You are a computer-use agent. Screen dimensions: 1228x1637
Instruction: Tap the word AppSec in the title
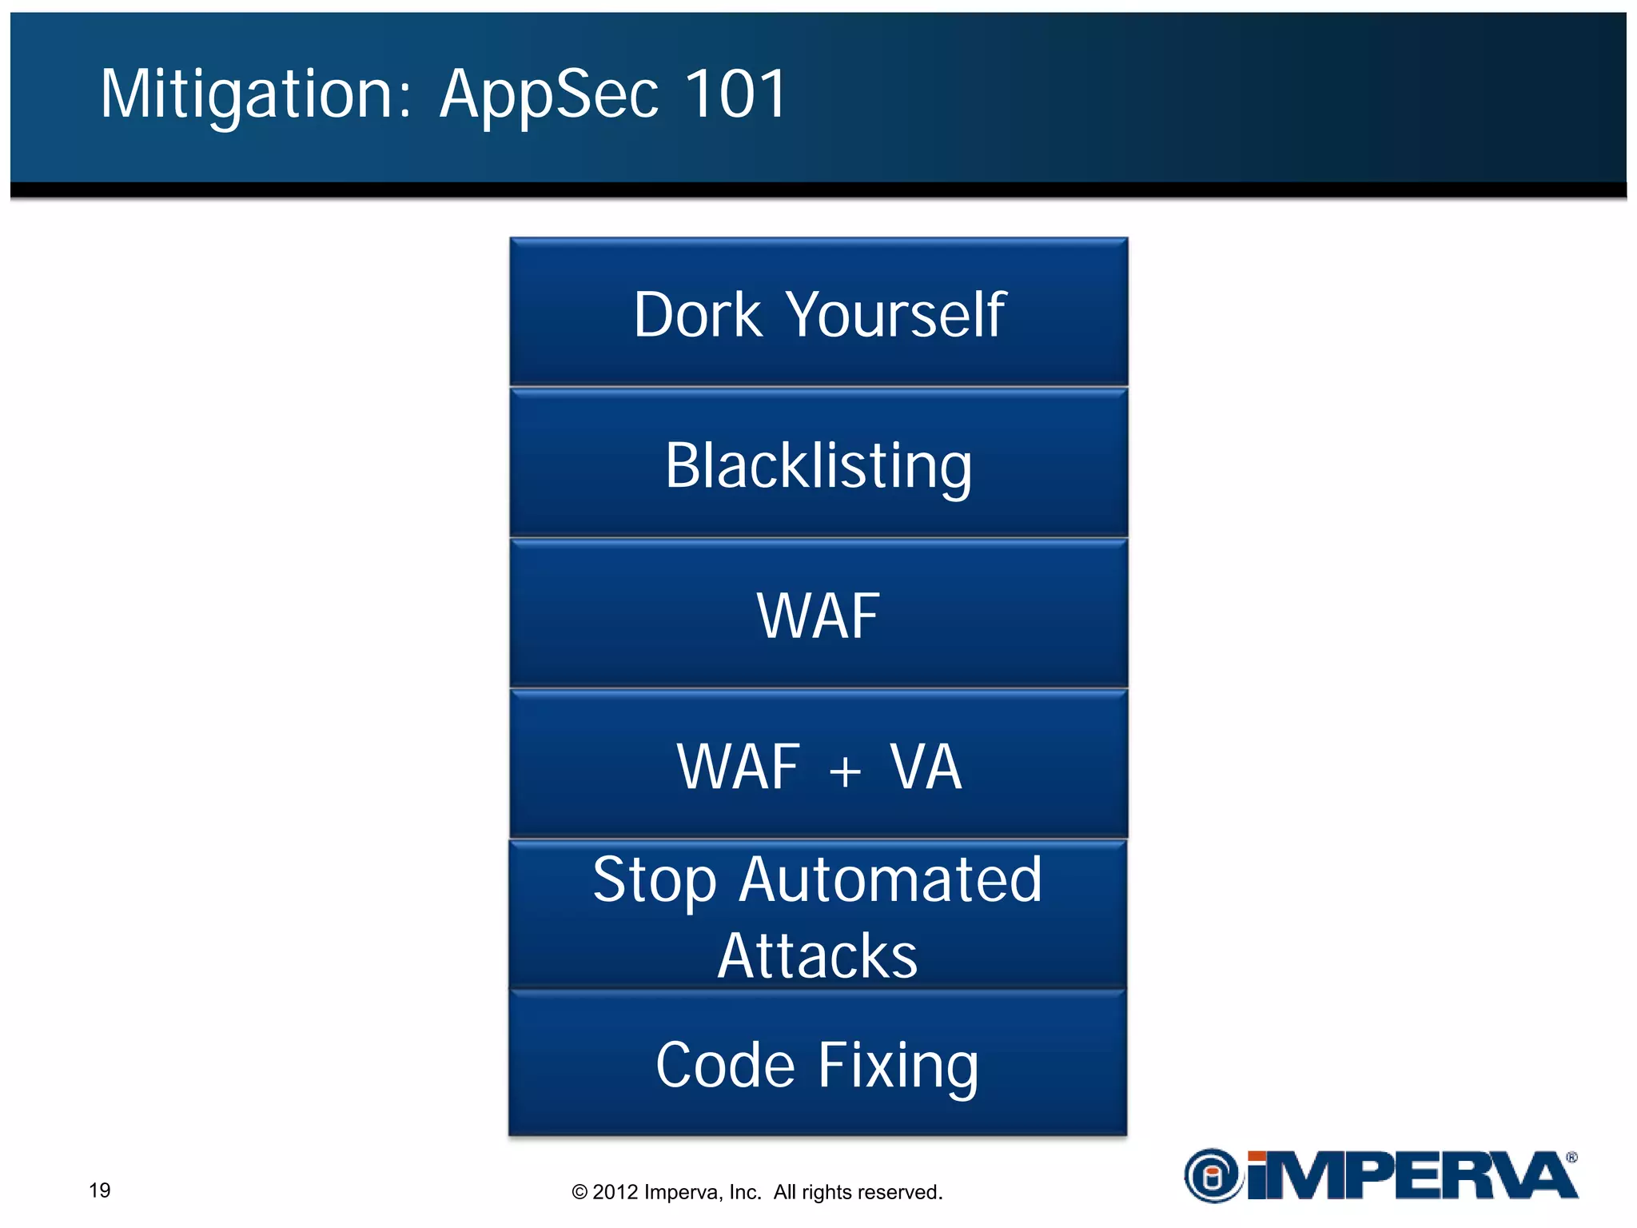point(550,94)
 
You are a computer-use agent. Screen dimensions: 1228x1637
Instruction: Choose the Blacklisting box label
point(818,466)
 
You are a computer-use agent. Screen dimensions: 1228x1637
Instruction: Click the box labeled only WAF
point(818,616)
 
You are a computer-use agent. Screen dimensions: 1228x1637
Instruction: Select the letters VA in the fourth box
point(926,767)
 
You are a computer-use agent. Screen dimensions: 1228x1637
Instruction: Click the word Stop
point(655,880)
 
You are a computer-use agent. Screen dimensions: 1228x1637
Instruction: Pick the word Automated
point(890,879)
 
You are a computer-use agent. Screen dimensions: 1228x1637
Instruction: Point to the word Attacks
point(818,955)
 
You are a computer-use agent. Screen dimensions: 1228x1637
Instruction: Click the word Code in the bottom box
point(725,1065)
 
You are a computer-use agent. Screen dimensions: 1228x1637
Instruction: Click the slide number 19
point(100,1190)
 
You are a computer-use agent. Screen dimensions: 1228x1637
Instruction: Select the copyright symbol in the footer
point(580,1193)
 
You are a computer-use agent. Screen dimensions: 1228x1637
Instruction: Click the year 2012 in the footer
point(615,1192)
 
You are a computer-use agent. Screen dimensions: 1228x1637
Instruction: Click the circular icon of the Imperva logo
point(1213,1176)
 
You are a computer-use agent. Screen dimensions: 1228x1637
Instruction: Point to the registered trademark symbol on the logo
point(1571,1157)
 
